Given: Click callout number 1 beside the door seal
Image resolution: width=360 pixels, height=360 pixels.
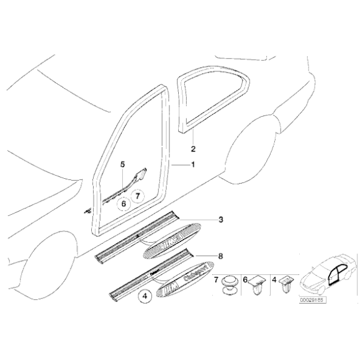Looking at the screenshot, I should tap(192, 164).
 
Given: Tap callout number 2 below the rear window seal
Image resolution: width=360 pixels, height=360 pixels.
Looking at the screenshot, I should tap(192, 149).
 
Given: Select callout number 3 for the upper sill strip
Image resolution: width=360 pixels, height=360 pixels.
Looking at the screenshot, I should tap(220, 220).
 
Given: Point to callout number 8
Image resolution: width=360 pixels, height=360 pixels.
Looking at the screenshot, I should tap(220, 255).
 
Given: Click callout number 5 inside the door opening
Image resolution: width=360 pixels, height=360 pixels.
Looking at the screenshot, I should tap(123, 164).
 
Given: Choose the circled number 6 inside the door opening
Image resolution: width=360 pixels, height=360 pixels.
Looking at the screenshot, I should tap(124, 202).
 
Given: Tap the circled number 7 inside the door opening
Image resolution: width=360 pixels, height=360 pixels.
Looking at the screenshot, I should tap(138, 196).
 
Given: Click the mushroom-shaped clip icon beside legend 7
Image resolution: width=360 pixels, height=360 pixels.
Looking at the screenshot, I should tap(231, 286).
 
